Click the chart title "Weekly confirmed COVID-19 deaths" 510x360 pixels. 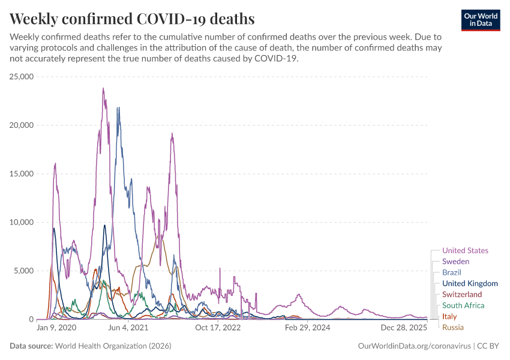click(132, 19)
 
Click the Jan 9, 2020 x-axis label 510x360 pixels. click(56, 328)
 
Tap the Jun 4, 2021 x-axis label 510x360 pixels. click(128, 328)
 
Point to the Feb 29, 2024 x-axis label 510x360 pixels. click(308, 328)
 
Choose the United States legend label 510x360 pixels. click(465, 251)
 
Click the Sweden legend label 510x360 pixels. click(455, 262)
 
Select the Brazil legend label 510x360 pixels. click(451, 272)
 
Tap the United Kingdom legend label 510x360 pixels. click(469, 283)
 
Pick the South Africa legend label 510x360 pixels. click(463, 305)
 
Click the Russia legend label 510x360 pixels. click(452, 327)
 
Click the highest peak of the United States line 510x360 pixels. click(103, 89)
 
